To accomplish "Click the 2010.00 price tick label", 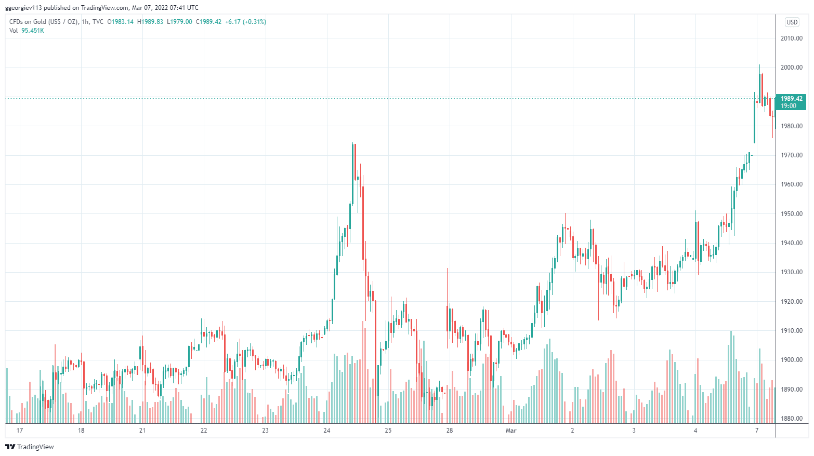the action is (792, 38).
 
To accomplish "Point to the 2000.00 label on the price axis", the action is (792, 68).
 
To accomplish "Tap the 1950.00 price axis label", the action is (792, 214).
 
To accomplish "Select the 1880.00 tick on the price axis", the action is (792, 419).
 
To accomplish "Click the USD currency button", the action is (792, 22).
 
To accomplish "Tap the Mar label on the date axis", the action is (511, 431).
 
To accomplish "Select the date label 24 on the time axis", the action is (326, 431).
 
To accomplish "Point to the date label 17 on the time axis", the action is (20, 431).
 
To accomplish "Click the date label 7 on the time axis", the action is (757, 431).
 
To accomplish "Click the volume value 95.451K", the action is (33, 31).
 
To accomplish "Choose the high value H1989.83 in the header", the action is (150, 22).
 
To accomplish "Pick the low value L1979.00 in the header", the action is (179, 22).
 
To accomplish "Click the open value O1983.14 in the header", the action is (120, 22).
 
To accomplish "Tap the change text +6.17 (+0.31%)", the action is (246, 22).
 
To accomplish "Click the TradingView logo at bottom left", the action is (30, 447).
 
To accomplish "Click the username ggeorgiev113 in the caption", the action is (23, 8).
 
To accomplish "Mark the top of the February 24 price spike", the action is (353, 143).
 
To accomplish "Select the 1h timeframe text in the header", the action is (85, 22).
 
